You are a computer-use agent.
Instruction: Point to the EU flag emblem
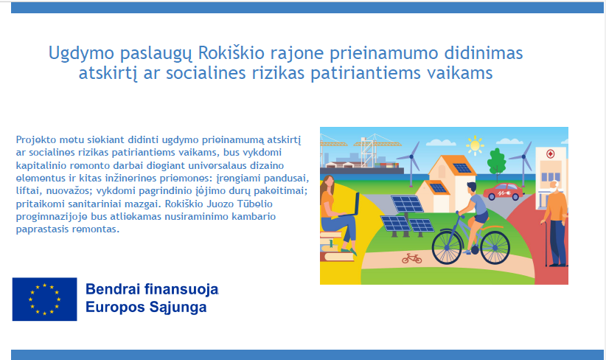(44, 299)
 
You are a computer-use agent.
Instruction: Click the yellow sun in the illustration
(475, 146)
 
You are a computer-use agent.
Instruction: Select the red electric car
(504, 191)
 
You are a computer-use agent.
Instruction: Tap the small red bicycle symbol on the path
(411, 258)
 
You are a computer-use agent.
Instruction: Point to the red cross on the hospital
(551, 154)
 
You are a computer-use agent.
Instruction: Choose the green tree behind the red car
(496, 162)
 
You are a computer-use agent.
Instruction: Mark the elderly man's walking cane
(546, 243)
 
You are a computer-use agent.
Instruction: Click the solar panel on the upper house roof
(462, 167)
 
